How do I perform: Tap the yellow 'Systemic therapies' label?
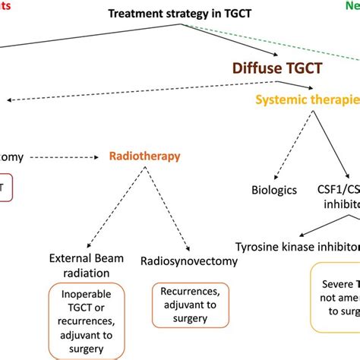(x=308, y=99)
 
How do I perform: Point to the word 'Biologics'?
(x=274, y=190)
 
